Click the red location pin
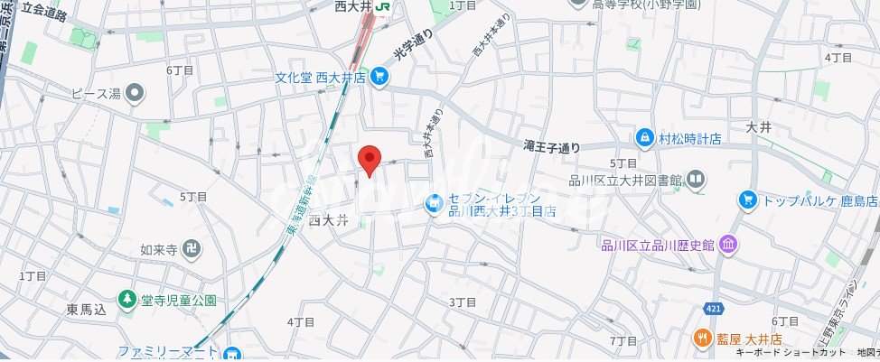(369, 159)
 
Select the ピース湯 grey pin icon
(136, 91)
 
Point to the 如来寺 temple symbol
(192, 246)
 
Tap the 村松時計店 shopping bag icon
(644, 138)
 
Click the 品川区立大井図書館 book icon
(695, 180)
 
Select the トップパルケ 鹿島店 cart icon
(746, 199)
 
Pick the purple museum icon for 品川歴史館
(729, 245)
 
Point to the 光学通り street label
(413, 44)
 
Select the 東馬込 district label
(87, 310)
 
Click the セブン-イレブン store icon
(435, 204)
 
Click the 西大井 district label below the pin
(329, 219)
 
